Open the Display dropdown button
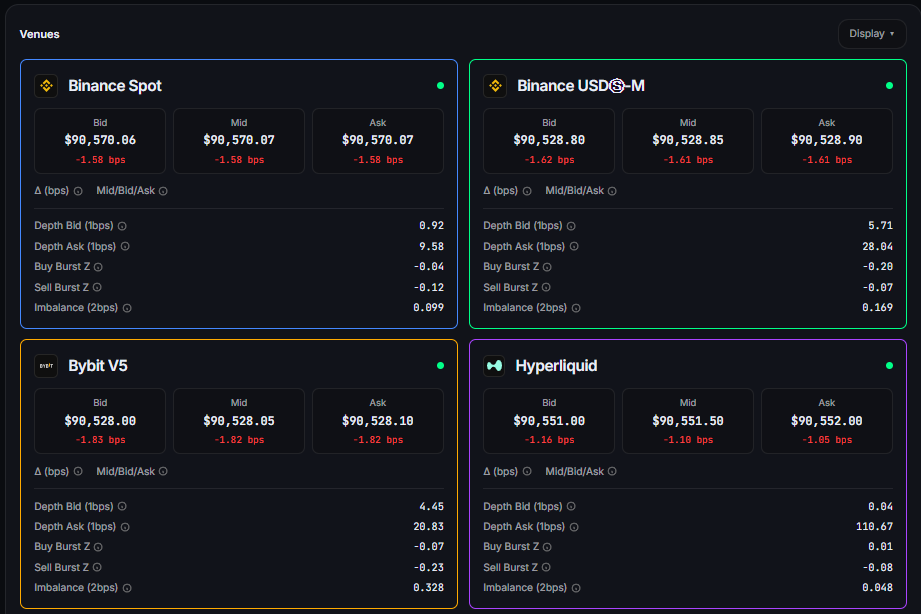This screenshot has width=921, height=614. (x=872, y=33)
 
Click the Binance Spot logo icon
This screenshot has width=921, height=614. (x=46, y=86)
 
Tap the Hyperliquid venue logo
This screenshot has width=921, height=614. (x=495, y=366)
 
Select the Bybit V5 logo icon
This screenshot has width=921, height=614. (x=46, y=366)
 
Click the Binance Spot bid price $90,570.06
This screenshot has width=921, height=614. (x=100, y=140)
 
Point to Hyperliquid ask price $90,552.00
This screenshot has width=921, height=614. (x=826, y=421)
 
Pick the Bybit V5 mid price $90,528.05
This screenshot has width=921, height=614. (x=238, y=421)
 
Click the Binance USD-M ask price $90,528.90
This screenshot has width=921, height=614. (x=826, y=140)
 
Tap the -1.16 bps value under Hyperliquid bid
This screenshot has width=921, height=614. (x=548, y=440)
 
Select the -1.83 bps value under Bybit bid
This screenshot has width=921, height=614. (x=100, y=440)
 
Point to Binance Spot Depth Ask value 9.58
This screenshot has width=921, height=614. (x=431, y=246)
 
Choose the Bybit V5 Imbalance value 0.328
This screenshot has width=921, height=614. (x=428, y=587)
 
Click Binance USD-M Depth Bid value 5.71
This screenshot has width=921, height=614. (x=880, y=226)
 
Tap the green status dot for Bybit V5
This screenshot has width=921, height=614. (x=440, y=366)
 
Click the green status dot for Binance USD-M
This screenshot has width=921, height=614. (x=889, y=86)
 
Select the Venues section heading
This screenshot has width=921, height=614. (x=39, y=34)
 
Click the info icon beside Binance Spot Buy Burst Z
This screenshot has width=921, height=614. (x=99, y=267)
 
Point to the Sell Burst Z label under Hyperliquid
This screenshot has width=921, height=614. (x=511, y=567)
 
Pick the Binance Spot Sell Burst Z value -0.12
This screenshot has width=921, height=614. (x=428, y=287)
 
